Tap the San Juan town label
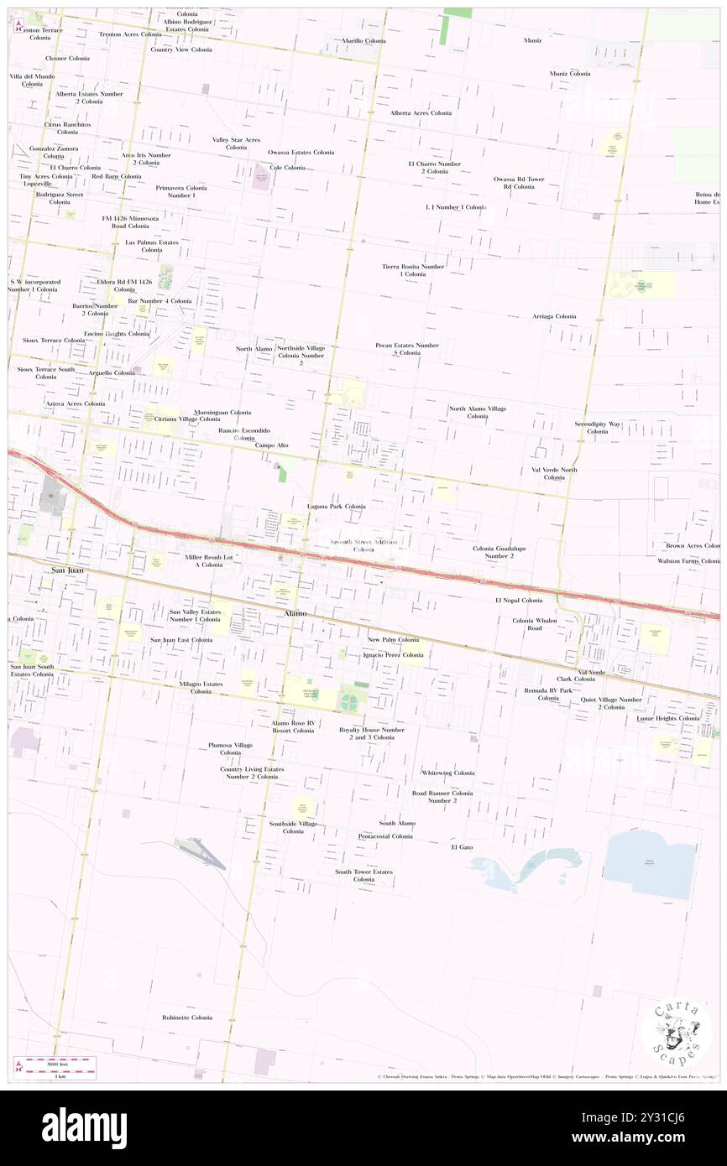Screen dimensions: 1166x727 69,570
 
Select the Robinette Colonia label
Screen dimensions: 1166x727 187,1018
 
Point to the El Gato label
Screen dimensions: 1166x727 462,847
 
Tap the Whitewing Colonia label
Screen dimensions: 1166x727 447,773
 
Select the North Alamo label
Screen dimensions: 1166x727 254,348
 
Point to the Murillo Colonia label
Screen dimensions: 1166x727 363,40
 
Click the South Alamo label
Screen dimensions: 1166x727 396,823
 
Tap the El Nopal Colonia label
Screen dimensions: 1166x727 518,601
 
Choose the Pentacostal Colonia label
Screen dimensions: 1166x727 385,836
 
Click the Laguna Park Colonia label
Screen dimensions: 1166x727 336,507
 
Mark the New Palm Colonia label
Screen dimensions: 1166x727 393,639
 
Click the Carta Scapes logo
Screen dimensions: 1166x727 676,1033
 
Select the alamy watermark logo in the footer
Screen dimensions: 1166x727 84,1127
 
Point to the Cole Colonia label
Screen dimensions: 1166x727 287,167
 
